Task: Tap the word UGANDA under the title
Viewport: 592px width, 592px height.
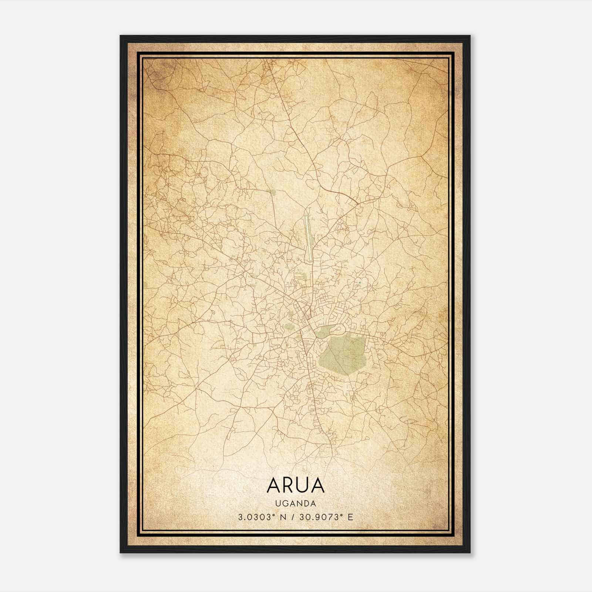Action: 295,504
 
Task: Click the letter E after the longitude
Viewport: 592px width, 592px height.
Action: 350,517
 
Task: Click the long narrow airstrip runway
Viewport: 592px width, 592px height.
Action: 308,238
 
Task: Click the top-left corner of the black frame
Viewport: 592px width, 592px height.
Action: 121,36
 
